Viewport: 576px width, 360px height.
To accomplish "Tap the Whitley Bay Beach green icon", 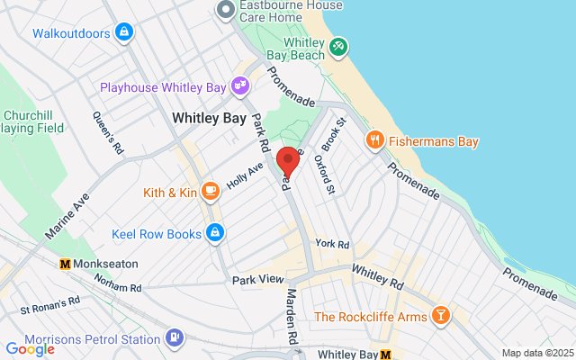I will coord(337,45).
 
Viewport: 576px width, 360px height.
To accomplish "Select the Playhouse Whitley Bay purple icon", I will coord(240,86).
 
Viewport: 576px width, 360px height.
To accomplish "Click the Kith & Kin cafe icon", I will coord(210,191).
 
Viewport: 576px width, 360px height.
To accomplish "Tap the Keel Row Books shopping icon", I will coord(214,234).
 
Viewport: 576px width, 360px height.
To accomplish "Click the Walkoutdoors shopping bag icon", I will coord(124,33).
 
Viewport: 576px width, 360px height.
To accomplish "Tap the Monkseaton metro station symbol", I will coord(65,265).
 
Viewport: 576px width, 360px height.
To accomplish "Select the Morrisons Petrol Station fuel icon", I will coord(174,338).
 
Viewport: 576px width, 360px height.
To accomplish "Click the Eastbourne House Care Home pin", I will coord(225,10).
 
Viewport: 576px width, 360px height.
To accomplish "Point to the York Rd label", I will coord(331,244).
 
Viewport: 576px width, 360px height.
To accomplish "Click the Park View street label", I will coord(257,280).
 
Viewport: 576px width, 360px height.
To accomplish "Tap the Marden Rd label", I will coord(292,316).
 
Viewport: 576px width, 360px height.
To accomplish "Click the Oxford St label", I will coord(324,174).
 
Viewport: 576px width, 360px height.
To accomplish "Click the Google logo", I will coord(30,348).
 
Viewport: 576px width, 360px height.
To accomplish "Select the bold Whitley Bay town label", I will coord(209,118).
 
